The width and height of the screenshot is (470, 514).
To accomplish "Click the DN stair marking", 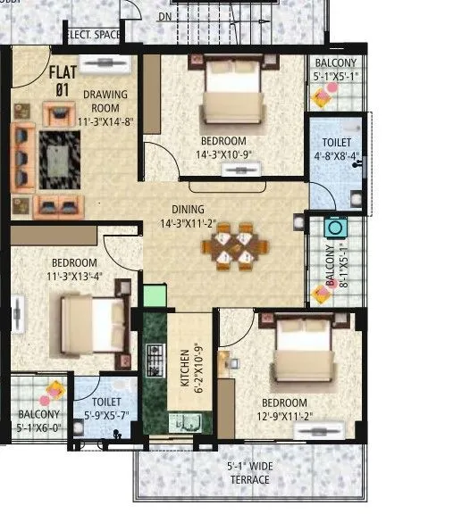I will click(x=165, y=17).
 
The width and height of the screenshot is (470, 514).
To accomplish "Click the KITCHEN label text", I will click(x=185, y=368).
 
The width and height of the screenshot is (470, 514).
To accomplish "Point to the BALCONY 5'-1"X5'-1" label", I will click(x=334, y=70).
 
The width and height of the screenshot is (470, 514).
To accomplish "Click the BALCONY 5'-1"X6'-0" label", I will click(x=38, y=420).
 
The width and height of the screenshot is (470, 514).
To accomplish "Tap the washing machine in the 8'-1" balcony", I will click(x=335, y=227).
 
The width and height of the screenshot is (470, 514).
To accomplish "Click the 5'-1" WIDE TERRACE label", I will click(x=249, y=473).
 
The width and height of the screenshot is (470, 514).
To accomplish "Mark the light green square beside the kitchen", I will click(x=154, y=295).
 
